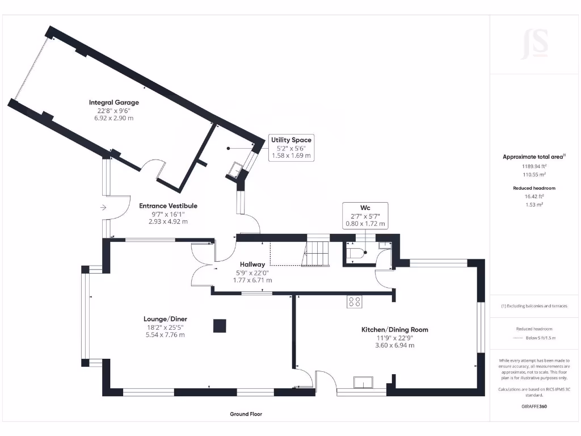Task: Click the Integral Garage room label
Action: (113, 102)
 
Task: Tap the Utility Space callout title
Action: (291, 140)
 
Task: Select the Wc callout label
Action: (365, 207)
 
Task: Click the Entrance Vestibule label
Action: (168, 206)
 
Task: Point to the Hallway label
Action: (252, 265)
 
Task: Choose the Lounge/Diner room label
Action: (165, 319)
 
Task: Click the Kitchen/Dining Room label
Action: (395, 329)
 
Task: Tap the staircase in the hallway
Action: (316, 253)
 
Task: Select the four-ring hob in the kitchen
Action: (355, 302)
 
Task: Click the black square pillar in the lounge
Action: (220, 326)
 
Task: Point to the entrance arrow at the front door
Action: (103, 208)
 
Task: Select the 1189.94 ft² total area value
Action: (534, 166)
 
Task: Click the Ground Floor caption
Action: (246, 414)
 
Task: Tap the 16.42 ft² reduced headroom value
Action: (534, 196)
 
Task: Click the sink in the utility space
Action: (235, 168)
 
